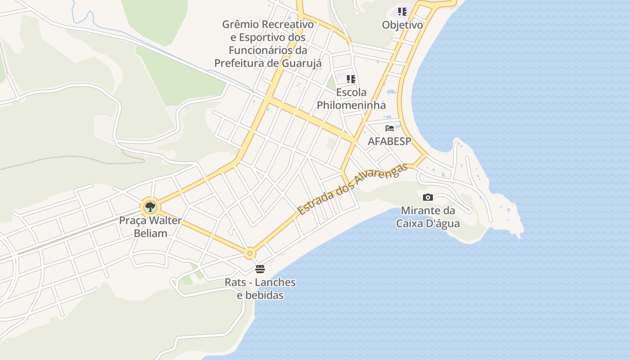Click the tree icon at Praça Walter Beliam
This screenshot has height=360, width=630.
coord(150,207)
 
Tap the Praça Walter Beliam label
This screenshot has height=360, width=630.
coord(150,227)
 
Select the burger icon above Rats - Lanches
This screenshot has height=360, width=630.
coord(260,269)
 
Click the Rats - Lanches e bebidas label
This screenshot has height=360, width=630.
coord(261,289)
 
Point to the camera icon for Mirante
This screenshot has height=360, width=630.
coord(428,197)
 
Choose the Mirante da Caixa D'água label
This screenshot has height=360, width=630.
coord(428,217)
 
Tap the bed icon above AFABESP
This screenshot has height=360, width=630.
coord(390,128)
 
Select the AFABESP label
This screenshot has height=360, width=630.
coord(390,141)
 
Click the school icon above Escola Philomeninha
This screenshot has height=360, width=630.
coord(351,80)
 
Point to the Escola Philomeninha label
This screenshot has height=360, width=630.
coord(351,99)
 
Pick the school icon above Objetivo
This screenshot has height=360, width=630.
coord(402,12)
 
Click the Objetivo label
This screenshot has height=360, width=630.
coord(402,25)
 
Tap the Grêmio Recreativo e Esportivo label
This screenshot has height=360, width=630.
coord(268,43)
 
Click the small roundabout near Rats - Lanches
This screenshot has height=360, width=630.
coord(250,253)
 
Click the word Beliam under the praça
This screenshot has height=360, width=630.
coord(150,233)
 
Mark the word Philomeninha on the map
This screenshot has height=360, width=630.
coord(351,105)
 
